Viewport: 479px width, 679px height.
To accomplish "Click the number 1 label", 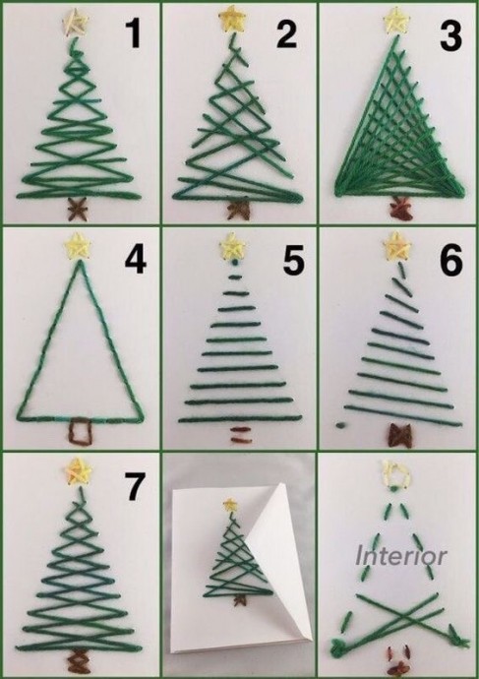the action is (x=134, y=33).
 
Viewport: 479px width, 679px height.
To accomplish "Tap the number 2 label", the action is (x=287, y=33).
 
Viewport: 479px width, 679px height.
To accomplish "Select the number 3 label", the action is (x=450, y=34).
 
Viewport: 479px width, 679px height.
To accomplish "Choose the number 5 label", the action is (x=294, y=261).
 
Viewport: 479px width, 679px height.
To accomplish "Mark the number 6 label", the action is (x=451, y=260).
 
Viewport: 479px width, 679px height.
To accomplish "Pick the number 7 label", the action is (x=134, y=486).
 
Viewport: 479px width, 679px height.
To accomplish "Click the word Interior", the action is (x=400, y=556).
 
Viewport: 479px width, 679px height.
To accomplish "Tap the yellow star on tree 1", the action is (x=76, y=22).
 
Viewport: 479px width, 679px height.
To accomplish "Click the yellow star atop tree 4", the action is (x=78, y=246).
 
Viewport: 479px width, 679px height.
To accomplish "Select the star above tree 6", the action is (x=396, y=246).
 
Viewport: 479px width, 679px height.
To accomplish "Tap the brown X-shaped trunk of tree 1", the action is (x=78, y=210).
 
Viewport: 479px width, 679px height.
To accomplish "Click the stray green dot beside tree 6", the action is (x=340, y=425).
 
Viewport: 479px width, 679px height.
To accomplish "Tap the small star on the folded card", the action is (x=230, y=505).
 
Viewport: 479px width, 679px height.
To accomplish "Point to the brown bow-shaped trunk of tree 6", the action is (x=400, y=435).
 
